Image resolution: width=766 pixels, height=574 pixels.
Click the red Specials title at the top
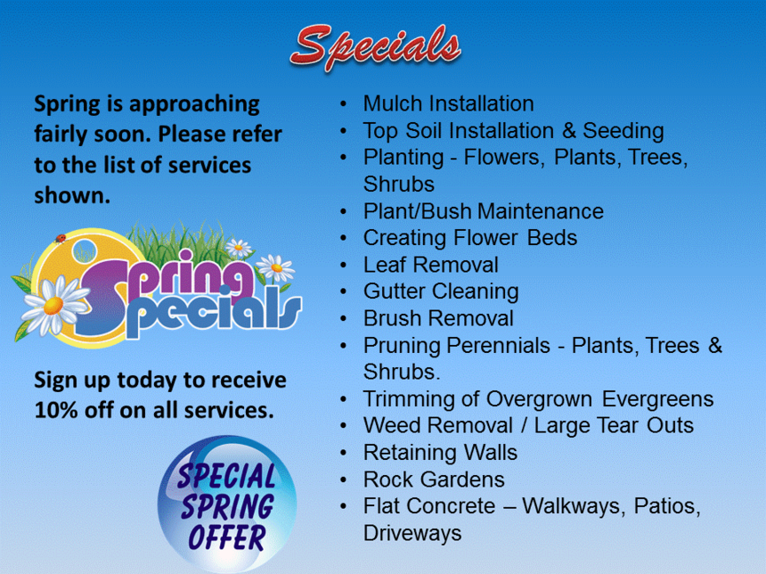pyautogui.click(x=376, y=47)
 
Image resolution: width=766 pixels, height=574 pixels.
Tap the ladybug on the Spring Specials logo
pyautogui.click(x=61, y=239)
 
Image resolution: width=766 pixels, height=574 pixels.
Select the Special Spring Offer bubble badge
pyautogui.click(x=226, y=504)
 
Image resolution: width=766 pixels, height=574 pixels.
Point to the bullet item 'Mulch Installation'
pyautogui.click(x=448, y=103)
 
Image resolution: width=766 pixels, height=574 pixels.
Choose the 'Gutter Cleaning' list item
pyautogui.click(x=441, y=291)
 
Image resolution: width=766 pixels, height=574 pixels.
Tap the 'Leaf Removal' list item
pyautogui.click(x=430, y=265)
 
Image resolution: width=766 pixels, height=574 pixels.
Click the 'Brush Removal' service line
pyautogui.click(x=438, y=318)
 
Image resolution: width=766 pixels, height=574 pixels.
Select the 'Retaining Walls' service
pyautogui.click(x=440, y=453)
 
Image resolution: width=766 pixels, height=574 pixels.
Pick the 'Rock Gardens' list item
pyautogui.click(x=434, y=480)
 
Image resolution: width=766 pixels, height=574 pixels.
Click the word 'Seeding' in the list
pyautogui.click(x=623, y=131)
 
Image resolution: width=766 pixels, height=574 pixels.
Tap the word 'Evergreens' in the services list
pyautogui.click(x=657, y=399)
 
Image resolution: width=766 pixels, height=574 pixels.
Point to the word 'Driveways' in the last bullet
pyautogui.click(x=412, y=533)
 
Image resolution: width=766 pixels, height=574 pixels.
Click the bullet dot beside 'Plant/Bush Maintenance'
pyautogui.click(x=344, y=212)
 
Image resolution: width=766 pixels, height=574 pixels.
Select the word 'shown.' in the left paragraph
pyautogui.click(x=72, y=195)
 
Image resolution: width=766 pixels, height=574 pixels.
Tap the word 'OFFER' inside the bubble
pyautogui.click(x=226, y=537)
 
